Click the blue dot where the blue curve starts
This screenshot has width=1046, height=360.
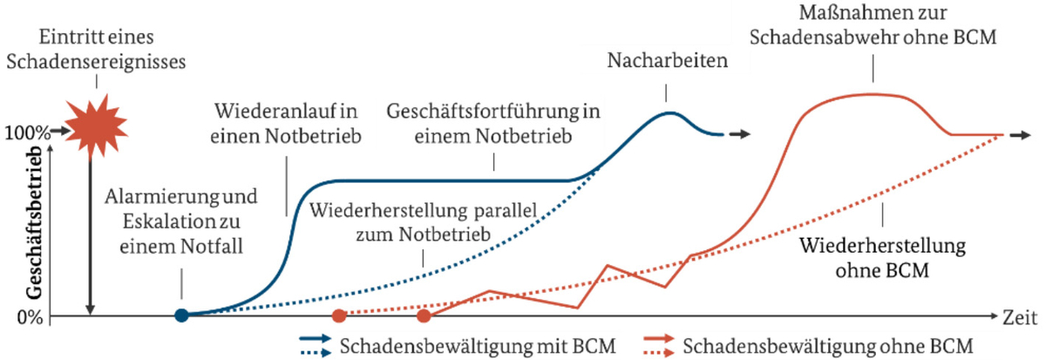click(180, 316)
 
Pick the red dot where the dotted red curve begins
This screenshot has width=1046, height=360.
click(339, 316)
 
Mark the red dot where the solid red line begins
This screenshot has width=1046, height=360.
click(424, 316)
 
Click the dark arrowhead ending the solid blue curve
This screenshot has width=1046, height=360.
click(740, 134)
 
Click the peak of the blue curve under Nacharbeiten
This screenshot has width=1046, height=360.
click(668, 112)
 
